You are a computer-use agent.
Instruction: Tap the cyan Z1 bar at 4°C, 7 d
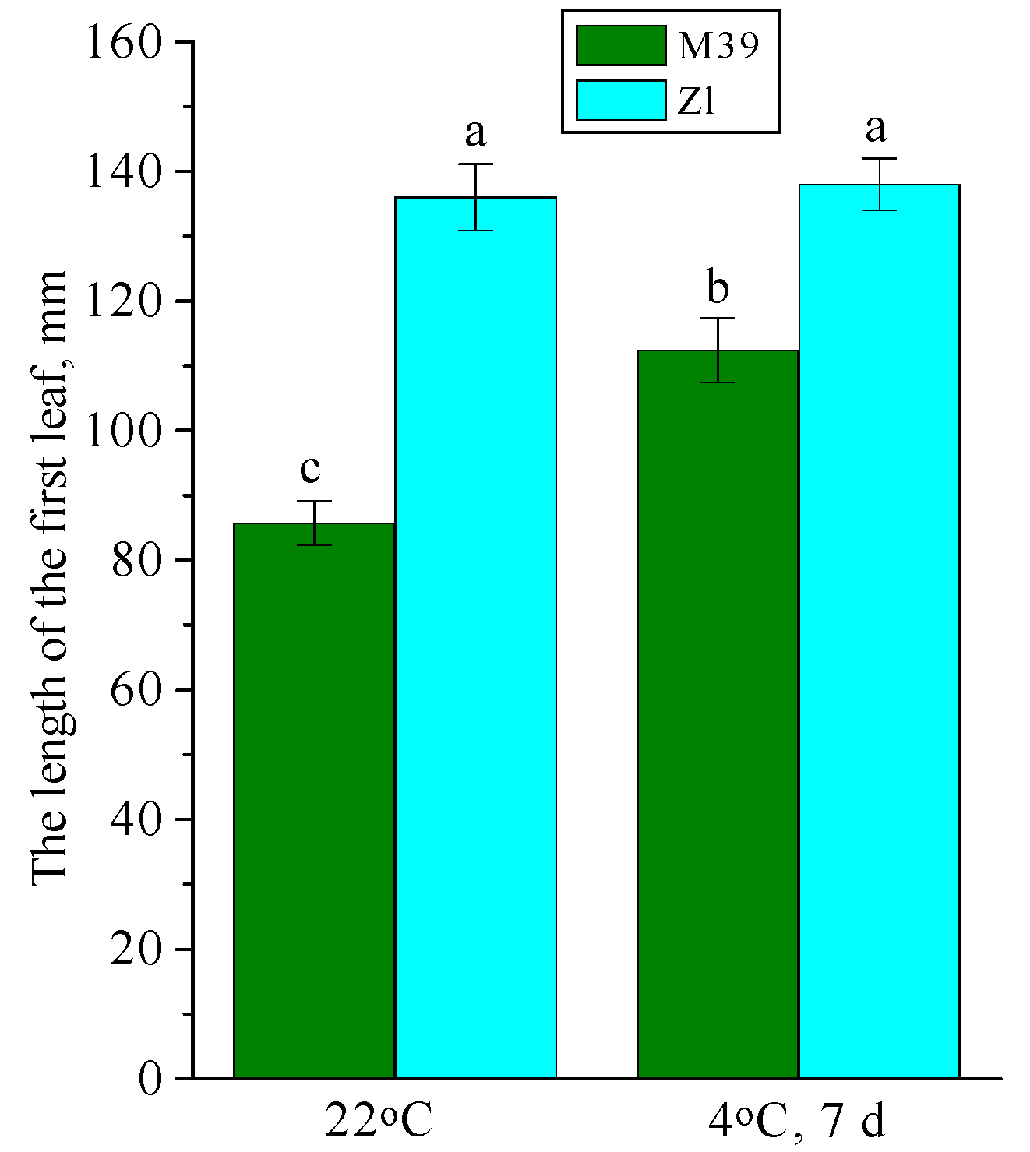[879, 631]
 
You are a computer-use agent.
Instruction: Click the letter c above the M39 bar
[310, 470]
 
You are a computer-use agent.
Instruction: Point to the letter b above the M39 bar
[718, 287]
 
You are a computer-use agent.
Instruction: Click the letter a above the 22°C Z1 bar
[475, 132]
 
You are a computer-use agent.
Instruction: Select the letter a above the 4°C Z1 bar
[877, 128]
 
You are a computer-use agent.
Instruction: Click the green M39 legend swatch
[621, 45]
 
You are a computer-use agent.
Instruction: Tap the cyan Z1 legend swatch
[621, 100]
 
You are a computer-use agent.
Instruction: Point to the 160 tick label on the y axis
[124, 42]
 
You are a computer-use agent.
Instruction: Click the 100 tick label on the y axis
[124, 431]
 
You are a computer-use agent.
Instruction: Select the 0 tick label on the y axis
[150, 1080]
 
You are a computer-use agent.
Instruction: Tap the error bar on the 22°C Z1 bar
[475, 197]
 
